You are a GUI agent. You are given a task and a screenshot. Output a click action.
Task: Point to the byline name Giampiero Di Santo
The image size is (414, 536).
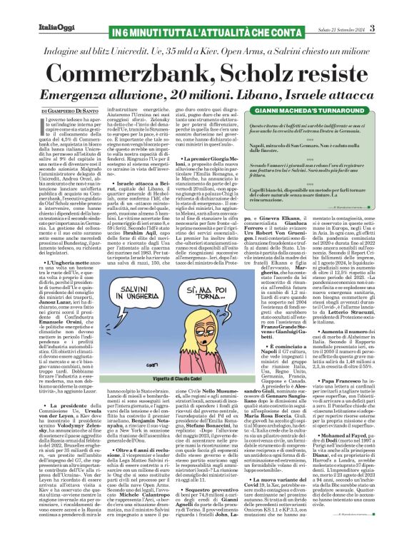click(x=77, y=112)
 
